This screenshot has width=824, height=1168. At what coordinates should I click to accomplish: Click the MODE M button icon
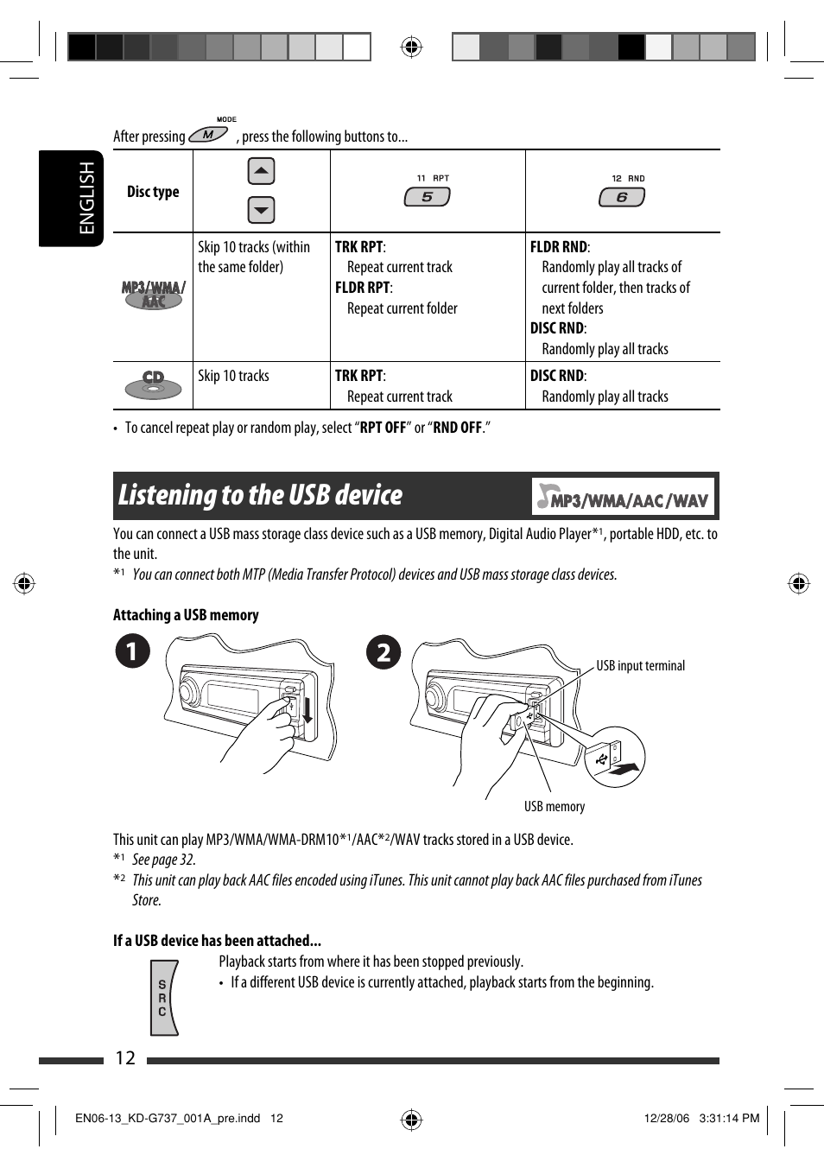[208, 135]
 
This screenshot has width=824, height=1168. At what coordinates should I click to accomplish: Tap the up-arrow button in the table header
[261, 171]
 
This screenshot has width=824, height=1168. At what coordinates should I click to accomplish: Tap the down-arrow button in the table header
[261, 209]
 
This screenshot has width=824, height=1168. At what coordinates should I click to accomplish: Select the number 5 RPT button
[427, 197]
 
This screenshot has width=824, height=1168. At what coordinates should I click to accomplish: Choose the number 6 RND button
[621, 197]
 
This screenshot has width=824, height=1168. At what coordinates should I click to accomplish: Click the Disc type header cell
[153, 192]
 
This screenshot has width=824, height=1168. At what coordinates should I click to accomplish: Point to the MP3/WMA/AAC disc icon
[153, 295]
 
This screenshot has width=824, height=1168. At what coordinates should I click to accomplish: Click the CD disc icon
[153, 384]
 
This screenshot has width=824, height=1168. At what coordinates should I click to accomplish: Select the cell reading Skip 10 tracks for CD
[233, 376]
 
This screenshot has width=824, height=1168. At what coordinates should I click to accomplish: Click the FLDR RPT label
[362, 288]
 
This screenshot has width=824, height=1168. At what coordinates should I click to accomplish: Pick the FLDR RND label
[558, 247]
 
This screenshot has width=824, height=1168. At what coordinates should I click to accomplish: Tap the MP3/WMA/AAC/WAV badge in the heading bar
[623, 497]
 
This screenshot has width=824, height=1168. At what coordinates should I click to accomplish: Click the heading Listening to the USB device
[260, 495]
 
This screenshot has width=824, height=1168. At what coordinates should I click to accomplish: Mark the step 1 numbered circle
[133, 651]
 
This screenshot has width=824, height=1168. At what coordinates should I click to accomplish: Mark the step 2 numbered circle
[383, 651]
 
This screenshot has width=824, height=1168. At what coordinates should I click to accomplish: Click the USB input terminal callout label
[640, 666]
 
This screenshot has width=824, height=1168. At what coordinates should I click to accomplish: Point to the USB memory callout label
[554, 806]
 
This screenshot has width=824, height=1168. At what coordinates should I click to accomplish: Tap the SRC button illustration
[162, 998]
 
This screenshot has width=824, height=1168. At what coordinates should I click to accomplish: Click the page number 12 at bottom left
[125, 1058]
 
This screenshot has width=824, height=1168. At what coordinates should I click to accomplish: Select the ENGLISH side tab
[86, 198]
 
